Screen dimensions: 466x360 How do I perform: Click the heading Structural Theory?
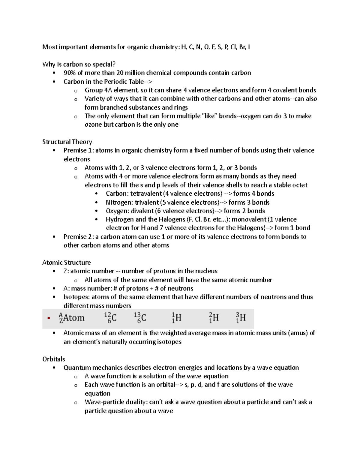pyautogui.click(x=67, y=142)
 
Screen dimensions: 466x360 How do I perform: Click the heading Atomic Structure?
pyautogui.click(x=66, y=263)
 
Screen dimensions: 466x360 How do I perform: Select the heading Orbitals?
pyautogui.click(x=54, y=359)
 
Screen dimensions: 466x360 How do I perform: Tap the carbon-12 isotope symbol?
pyautogui.click(x=110, y=318)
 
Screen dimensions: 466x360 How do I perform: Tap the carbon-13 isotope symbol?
pyautogui.click(x=140, y=318)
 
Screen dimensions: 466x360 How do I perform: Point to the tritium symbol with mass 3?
pyautogui.click(x=241, y=318)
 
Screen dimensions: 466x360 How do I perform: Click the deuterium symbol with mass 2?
pyautogui.click(x=214, y=318)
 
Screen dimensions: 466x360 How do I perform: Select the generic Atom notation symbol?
pyautogui.click(x=72, y=318)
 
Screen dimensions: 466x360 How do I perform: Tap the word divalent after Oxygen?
pyautogui.click(x=142, y=211)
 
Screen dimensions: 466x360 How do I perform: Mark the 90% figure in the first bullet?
pyautogui.click(x=69, y=73)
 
